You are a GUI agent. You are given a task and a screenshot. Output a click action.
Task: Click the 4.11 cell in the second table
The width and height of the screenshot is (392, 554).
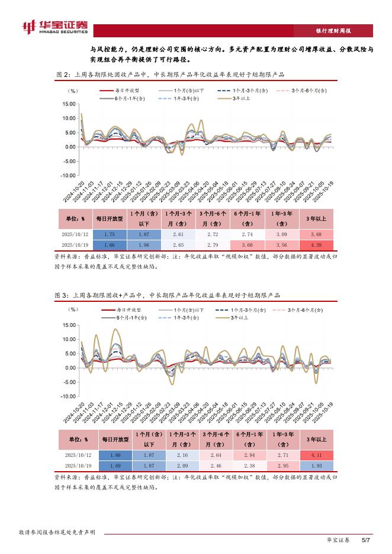314,455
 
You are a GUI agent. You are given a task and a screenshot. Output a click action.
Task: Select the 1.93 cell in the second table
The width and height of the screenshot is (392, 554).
314,465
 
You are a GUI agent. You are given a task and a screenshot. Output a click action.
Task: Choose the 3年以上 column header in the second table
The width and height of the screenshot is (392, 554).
314,439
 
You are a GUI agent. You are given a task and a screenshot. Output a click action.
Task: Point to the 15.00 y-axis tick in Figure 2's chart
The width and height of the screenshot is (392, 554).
69,104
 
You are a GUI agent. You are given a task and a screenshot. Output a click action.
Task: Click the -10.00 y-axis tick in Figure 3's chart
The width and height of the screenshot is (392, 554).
68,397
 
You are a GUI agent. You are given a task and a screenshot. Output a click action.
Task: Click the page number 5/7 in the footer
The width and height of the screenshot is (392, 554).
365,540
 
